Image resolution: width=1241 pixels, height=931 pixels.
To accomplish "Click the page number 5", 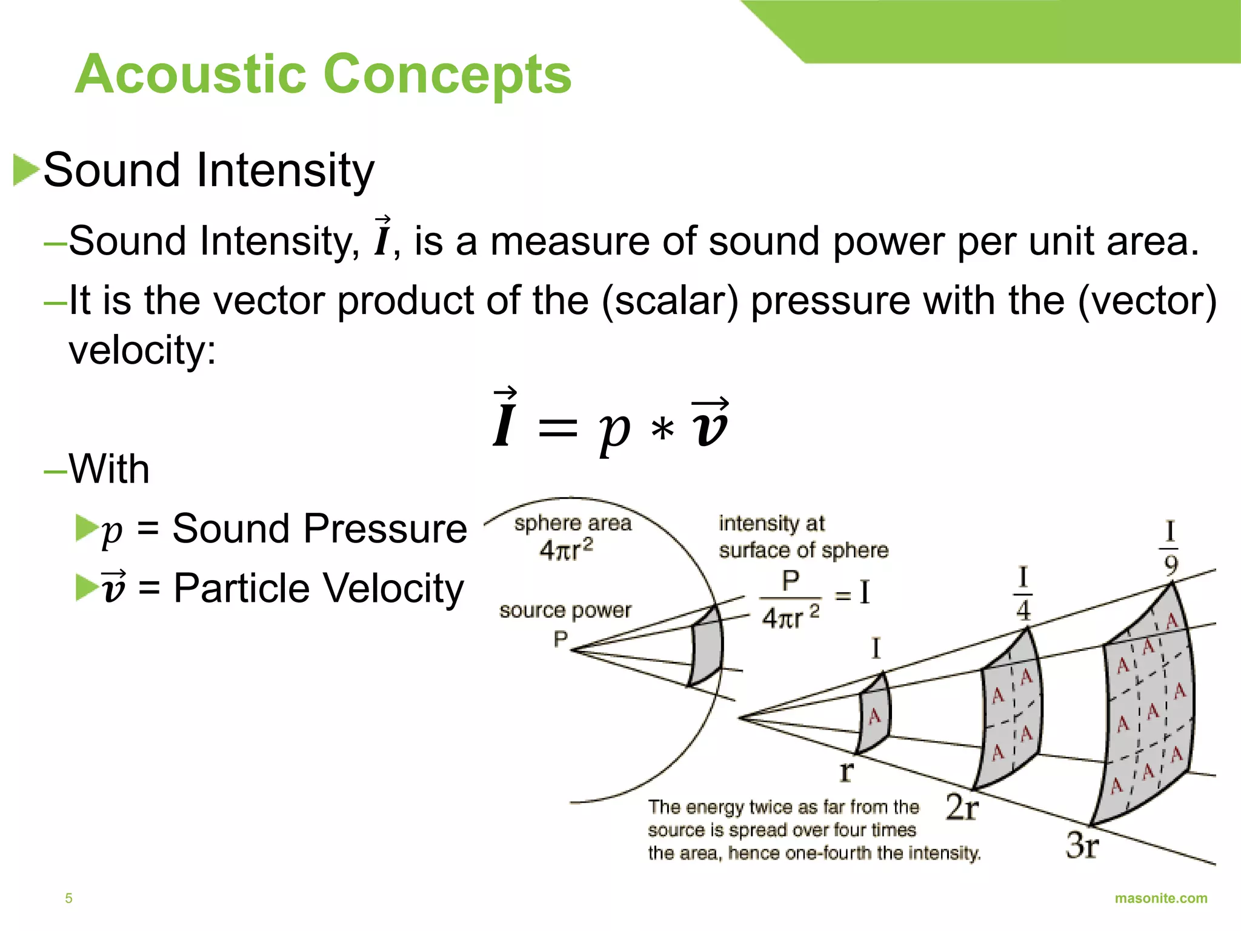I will click(x=68, y=898).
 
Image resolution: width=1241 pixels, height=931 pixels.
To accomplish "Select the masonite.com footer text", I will click(x=1160, y=898).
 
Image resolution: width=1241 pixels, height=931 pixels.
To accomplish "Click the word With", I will click(x=109, y=469).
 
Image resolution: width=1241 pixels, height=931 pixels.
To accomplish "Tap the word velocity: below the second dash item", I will click(x=142, y=350).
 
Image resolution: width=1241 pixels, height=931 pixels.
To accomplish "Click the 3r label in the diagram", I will click(x=1082, y=845).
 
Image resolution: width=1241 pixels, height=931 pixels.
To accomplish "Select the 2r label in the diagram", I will click(x=962, y=807).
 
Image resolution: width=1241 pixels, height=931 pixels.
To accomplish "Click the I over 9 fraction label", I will click(x=1170, y=548).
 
